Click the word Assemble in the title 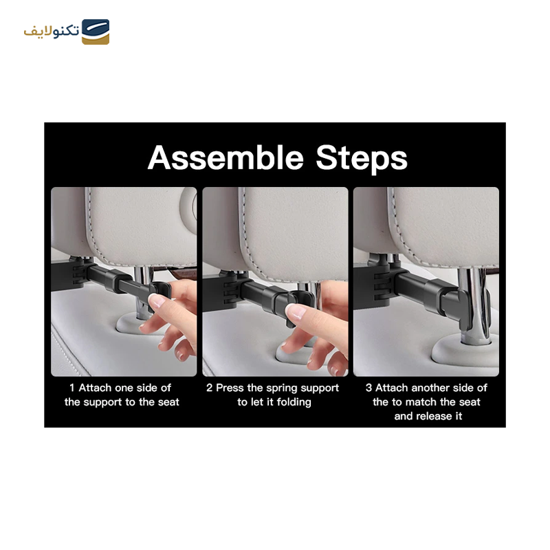click(225, 157)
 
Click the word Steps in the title click(362, 159)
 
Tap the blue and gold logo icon click(96, 32)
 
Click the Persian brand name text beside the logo click(52, 31)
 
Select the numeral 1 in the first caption click(72, 388)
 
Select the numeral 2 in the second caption click(210, 388)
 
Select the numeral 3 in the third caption click(368, 388)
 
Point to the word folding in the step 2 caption click(294, 402)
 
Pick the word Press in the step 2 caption click(230, 388)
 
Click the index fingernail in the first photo click(157, 300)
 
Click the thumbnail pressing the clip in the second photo click(296, 311)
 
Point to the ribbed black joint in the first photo click(79, 274)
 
